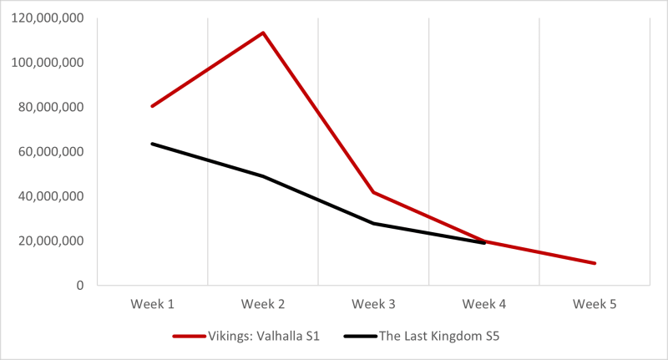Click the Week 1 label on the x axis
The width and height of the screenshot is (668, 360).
tap(152, 304)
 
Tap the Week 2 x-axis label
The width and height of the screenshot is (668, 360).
tap(263, 304)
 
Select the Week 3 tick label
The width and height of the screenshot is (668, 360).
tap(373, 304)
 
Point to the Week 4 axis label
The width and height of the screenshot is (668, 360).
tap(484, 304)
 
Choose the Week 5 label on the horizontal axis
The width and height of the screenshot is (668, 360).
tap(595, 304)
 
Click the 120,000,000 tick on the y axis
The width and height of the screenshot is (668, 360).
tap(48, 18)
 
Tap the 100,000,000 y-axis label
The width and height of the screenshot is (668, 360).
tap(48, 63)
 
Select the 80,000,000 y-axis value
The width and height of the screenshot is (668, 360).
tap(52, 107)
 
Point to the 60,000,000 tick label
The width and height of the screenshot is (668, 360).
tap(52, 152)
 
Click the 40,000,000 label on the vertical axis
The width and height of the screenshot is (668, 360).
tap(52, 196)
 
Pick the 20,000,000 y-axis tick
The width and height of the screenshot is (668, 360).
tap(52, 241)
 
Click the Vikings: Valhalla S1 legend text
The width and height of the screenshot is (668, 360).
tap(266, 336)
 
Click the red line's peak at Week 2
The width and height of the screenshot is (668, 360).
tap(263, 33)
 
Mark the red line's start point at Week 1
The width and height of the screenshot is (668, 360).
tap(152, 106)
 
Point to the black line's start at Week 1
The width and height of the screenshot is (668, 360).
tap(152, 144)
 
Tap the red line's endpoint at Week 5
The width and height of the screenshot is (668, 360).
tap(595, 263)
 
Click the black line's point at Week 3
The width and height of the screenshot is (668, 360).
tap(373, 223)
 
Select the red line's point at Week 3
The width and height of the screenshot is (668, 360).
tap(373, 192)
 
